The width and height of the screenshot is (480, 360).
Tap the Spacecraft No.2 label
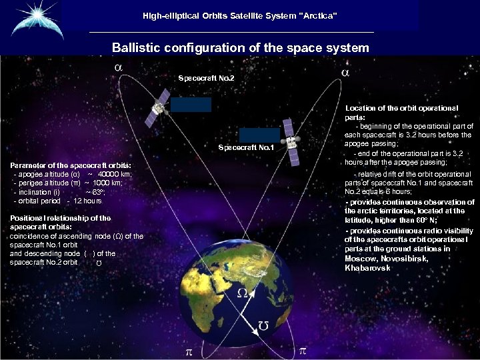pos(206,79)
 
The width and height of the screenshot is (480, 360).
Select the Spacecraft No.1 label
pos(246,147)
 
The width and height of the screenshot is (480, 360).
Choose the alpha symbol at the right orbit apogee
pos(345,71)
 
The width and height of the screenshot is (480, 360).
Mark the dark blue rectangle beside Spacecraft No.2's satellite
pos(191,105)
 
